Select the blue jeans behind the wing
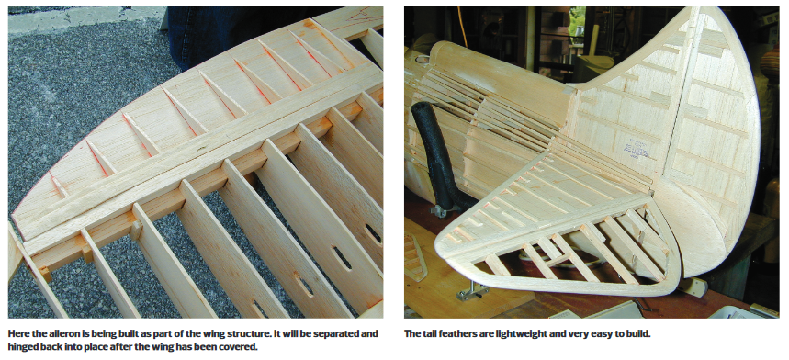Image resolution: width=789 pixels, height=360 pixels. tap(227, 35)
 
